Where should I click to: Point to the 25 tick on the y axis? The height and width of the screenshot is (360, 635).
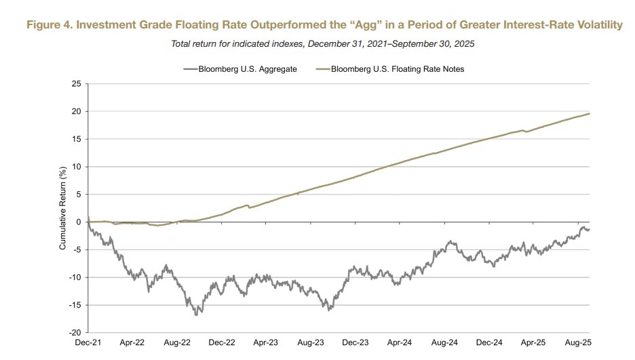click(x=76, y=83)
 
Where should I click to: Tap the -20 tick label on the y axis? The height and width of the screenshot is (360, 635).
click(x=75, y=333)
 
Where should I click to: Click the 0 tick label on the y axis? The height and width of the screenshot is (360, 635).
click(x=79, y=222)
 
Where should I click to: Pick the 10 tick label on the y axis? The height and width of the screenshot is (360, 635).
click(x=76, y=167)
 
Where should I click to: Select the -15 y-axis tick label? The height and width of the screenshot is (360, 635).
click(x=75, y=305)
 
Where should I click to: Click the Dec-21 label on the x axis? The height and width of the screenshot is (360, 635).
click(x=88, y=344)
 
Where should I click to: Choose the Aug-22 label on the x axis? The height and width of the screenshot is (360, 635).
click(x=176, y=344)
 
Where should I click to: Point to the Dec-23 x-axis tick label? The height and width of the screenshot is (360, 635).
click(x=354, y=344)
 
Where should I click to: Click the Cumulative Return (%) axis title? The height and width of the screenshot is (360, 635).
click(x=62, y=208)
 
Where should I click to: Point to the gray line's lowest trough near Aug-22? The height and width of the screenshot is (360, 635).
click(x=197, y=315)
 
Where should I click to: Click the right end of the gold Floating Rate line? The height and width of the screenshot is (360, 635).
click(x=589, y=113)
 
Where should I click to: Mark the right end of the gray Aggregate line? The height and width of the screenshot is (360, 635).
click(x=589, y=229)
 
